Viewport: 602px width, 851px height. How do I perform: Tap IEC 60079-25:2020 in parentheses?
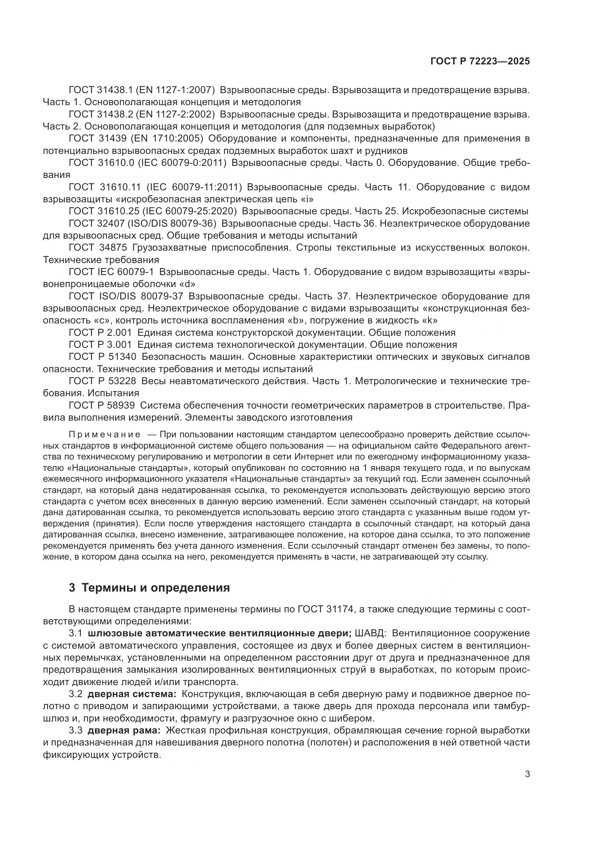click(190, 211)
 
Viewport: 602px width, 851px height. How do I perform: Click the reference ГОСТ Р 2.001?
click(100, 333)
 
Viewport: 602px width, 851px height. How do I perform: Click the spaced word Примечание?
click(104, 434)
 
